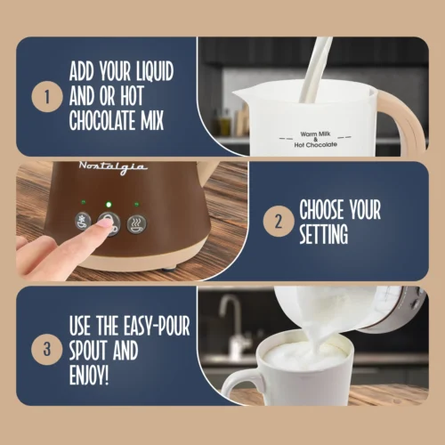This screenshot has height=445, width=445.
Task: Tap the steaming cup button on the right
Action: click(137, 224)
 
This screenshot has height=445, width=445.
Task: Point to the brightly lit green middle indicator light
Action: click(108, 204)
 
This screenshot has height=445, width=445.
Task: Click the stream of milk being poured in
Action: click(313, 67)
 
